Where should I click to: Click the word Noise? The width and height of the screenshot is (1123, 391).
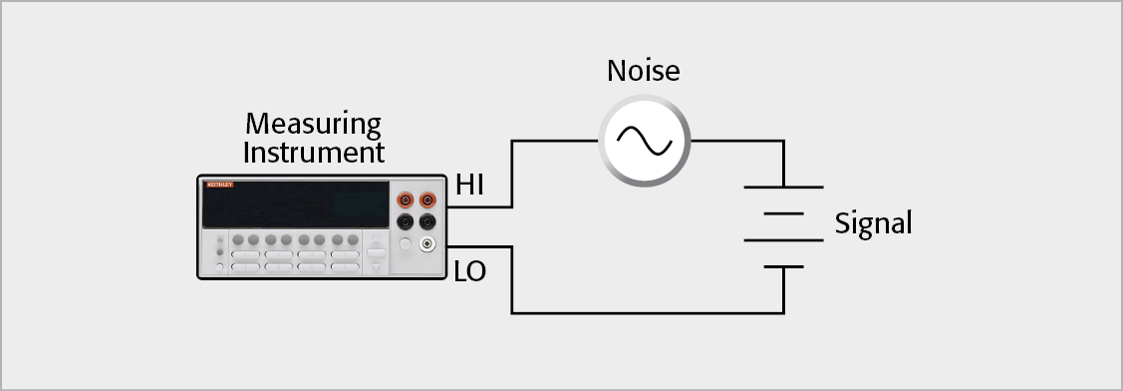point(643,72)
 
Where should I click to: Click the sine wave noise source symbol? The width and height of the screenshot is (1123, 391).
point(645,140)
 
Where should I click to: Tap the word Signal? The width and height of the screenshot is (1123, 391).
point(873,223)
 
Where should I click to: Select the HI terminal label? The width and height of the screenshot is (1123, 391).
point(471,185)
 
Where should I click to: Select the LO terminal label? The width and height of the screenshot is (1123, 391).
point(469,270)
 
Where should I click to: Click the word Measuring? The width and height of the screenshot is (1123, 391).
point(313,125)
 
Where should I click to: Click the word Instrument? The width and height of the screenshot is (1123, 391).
point(313,154)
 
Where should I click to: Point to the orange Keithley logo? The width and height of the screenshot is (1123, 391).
point(219,186)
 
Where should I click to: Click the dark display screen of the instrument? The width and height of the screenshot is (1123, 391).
point(296,204)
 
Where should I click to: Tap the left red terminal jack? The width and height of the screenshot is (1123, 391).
point(406,199)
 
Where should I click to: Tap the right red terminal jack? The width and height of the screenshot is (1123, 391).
point(427,199)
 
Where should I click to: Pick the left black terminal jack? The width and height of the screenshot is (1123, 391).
point(406,221)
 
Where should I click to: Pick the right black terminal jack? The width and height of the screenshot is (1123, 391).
point(427,221)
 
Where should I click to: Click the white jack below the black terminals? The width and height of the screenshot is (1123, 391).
point(427,243)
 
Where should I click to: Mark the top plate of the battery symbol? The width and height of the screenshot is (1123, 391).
point(783,187)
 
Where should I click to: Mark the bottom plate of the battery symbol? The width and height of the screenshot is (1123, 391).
point(783,266)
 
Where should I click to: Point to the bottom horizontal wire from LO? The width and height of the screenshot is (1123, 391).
point(648,313)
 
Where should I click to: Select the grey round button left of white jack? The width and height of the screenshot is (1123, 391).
point(406,243)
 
